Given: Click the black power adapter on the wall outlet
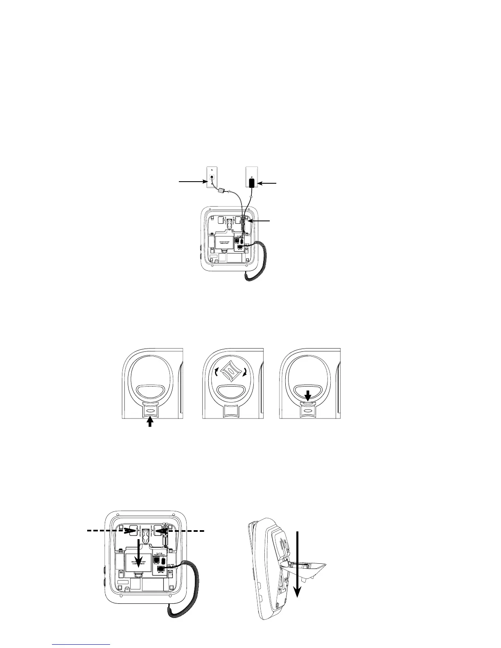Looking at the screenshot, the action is point(252,182).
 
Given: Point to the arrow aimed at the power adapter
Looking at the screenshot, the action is point(269,184).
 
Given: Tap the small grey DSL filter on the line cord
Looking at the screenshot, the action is point(222,190).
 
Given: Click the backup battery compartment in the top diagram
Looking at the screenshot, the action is point(224,241).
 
